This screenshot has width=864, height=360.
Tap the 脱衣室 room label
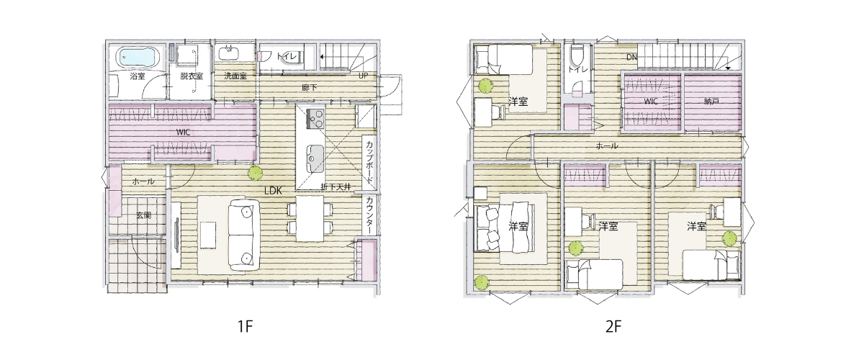point(192,76)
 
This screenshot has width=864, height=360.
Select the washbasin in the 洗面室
point(230,52)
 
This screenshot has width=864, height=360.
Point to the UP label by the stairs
point(364,76)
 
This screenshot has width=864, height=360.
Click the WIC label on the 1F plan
point(183,132)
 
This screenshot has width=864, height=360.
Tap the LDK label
point(273,190)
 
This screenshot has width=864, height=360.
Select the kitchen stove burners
point(315,119)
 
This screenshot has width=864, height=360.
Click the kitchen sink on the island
point(315,158)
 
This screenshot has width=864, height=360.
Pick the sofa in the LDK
point(244,234)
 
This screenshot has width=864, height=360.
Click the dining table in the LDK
point(310,218)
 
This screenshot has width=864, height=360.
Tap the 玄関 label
point(143,215)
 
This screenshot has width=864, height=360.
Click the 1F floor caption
point(245,327)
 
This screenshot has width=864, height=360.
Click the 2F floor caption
point(613,327)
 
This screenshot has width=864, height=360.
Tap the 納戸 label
point(711,102)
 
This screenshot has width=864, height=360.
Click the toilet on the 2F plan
point(577,56)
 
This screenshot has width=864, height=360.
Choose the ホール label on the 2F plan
point(607,146)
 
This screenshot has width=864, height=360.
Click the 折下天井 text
point(336,187)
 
